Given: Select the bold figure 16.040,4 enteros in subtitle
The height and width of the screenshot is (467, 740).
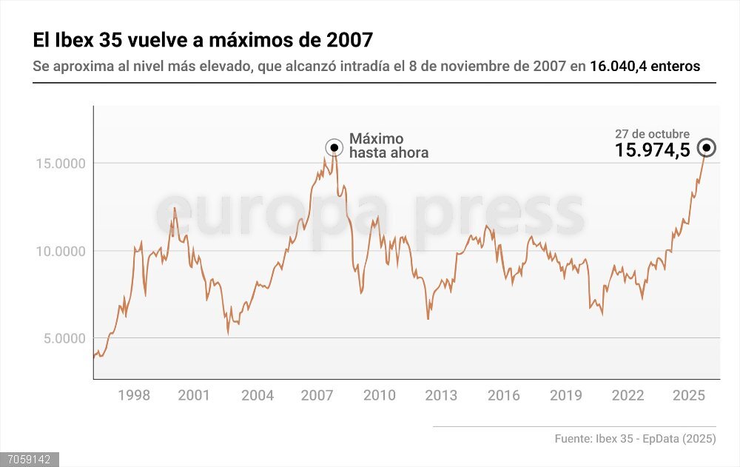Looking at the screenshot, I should pos(645,67).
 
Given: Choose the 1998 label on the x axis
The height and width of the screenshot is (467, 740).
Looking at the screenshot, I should pos(134,395).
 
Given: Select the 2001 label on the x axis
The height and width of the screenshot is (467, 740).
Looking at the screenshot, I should pos(194,395).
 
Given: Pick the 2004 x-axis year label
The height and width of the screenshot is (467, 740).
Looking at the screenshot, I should pos(258,395).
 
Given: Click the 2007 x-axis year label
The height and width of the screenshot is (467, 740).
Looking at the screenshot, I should pos(317,395).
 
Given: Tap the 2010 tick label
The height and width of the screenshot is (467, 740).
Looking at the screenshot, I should pos(380,395).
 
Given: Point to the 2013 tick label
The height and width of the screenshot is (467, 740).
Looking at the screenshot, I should pos(441,395).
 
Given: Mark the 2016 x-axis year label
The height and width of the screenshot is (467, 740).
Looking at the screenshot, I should pos(503,395).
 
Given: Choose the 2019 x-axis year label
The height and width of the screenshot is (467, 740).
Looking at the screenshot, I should pos(565,395).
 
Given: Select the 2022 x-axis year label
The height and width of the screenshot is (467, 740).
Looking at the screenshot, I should pos(628,395).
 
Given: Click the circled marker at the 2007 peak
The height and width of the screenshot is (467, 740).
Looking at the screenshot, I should pos(334,147).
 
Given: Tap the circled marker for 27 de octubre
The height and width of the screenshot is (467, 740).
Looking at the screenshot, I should pos(707,148).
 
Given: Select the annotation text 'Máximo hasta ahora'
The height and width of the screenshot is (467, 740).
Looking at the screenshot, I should pos(388,146).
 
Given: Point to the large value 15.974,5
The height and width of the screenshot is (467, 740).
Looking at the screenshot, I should pos(652,150).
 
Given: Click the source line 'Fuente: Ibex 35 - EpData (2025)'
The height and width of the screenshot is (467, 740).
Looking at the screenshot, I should pos(635,439).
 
